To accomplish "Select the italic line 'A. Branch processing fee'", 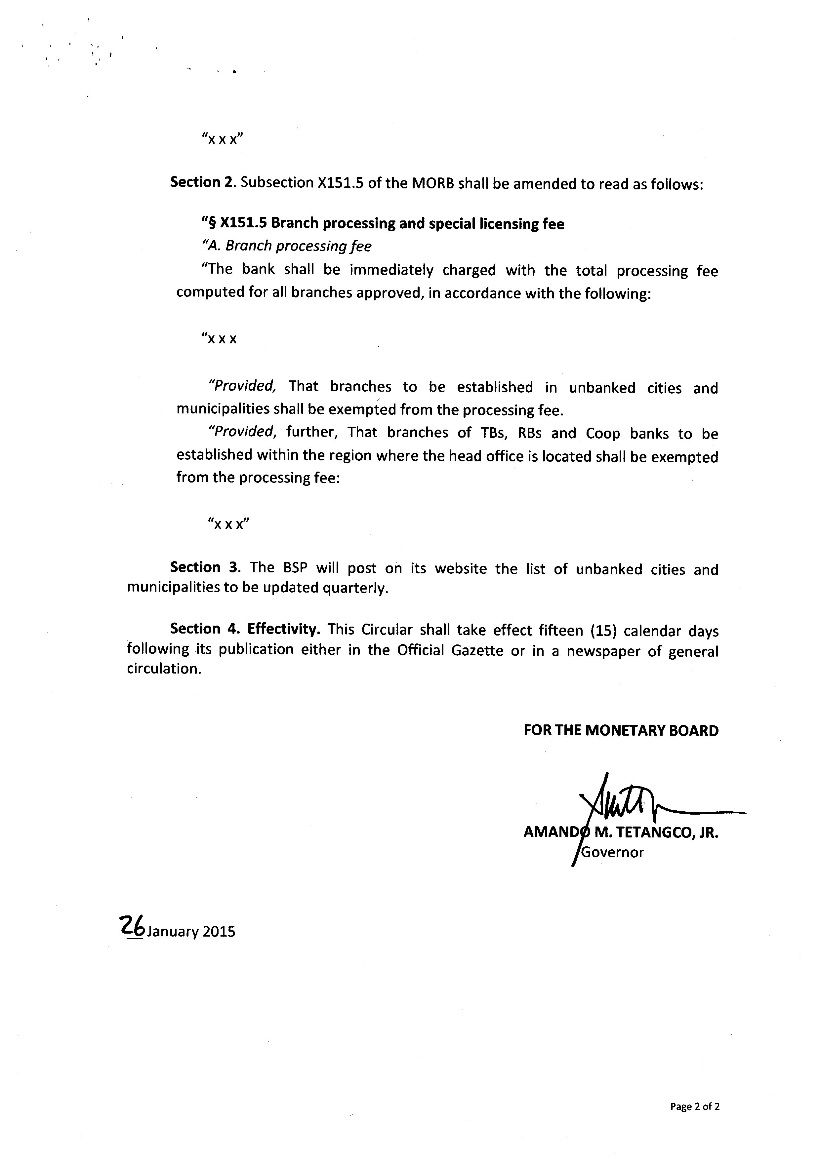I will click(286, 246).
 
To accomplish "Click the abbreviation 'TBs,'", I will click(487, 433).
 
